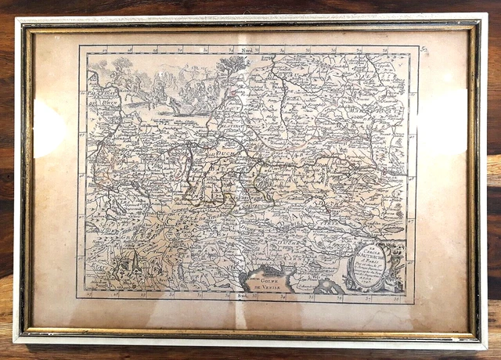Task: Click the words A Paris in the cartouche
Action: [x=371, y=265]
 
